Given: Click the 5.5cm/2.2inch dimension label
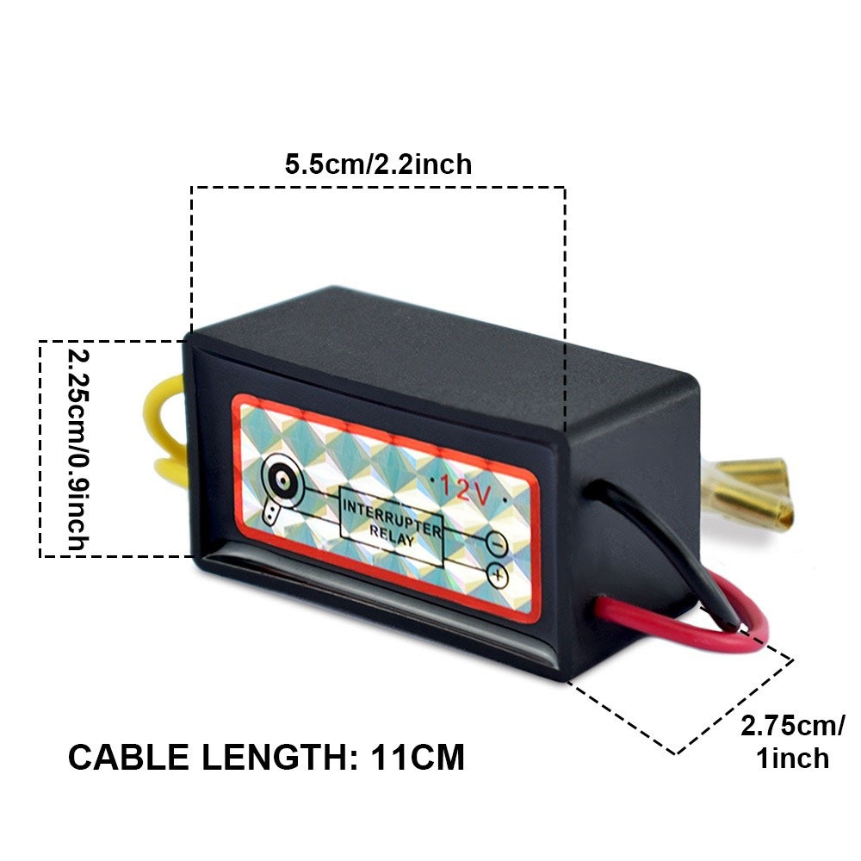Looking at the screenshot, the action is pyautogui.click(x=378, y=164).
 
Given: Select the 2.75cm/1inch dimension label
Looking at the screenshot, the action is pyautogui.click(x=792, y=740).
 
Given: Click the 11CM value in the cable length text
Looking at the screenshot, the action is pyautogui.click(x=419, y=758).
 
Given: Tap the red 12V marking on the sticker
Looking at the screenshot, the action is pyautogui.click(x=465, y=488).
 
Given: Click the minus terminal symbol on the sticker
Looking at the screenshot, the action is pyautogui.click(x=497, y=543).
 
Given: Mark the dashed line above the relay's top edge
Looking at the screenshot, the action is pyautogui.click(x=378, y=187).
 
